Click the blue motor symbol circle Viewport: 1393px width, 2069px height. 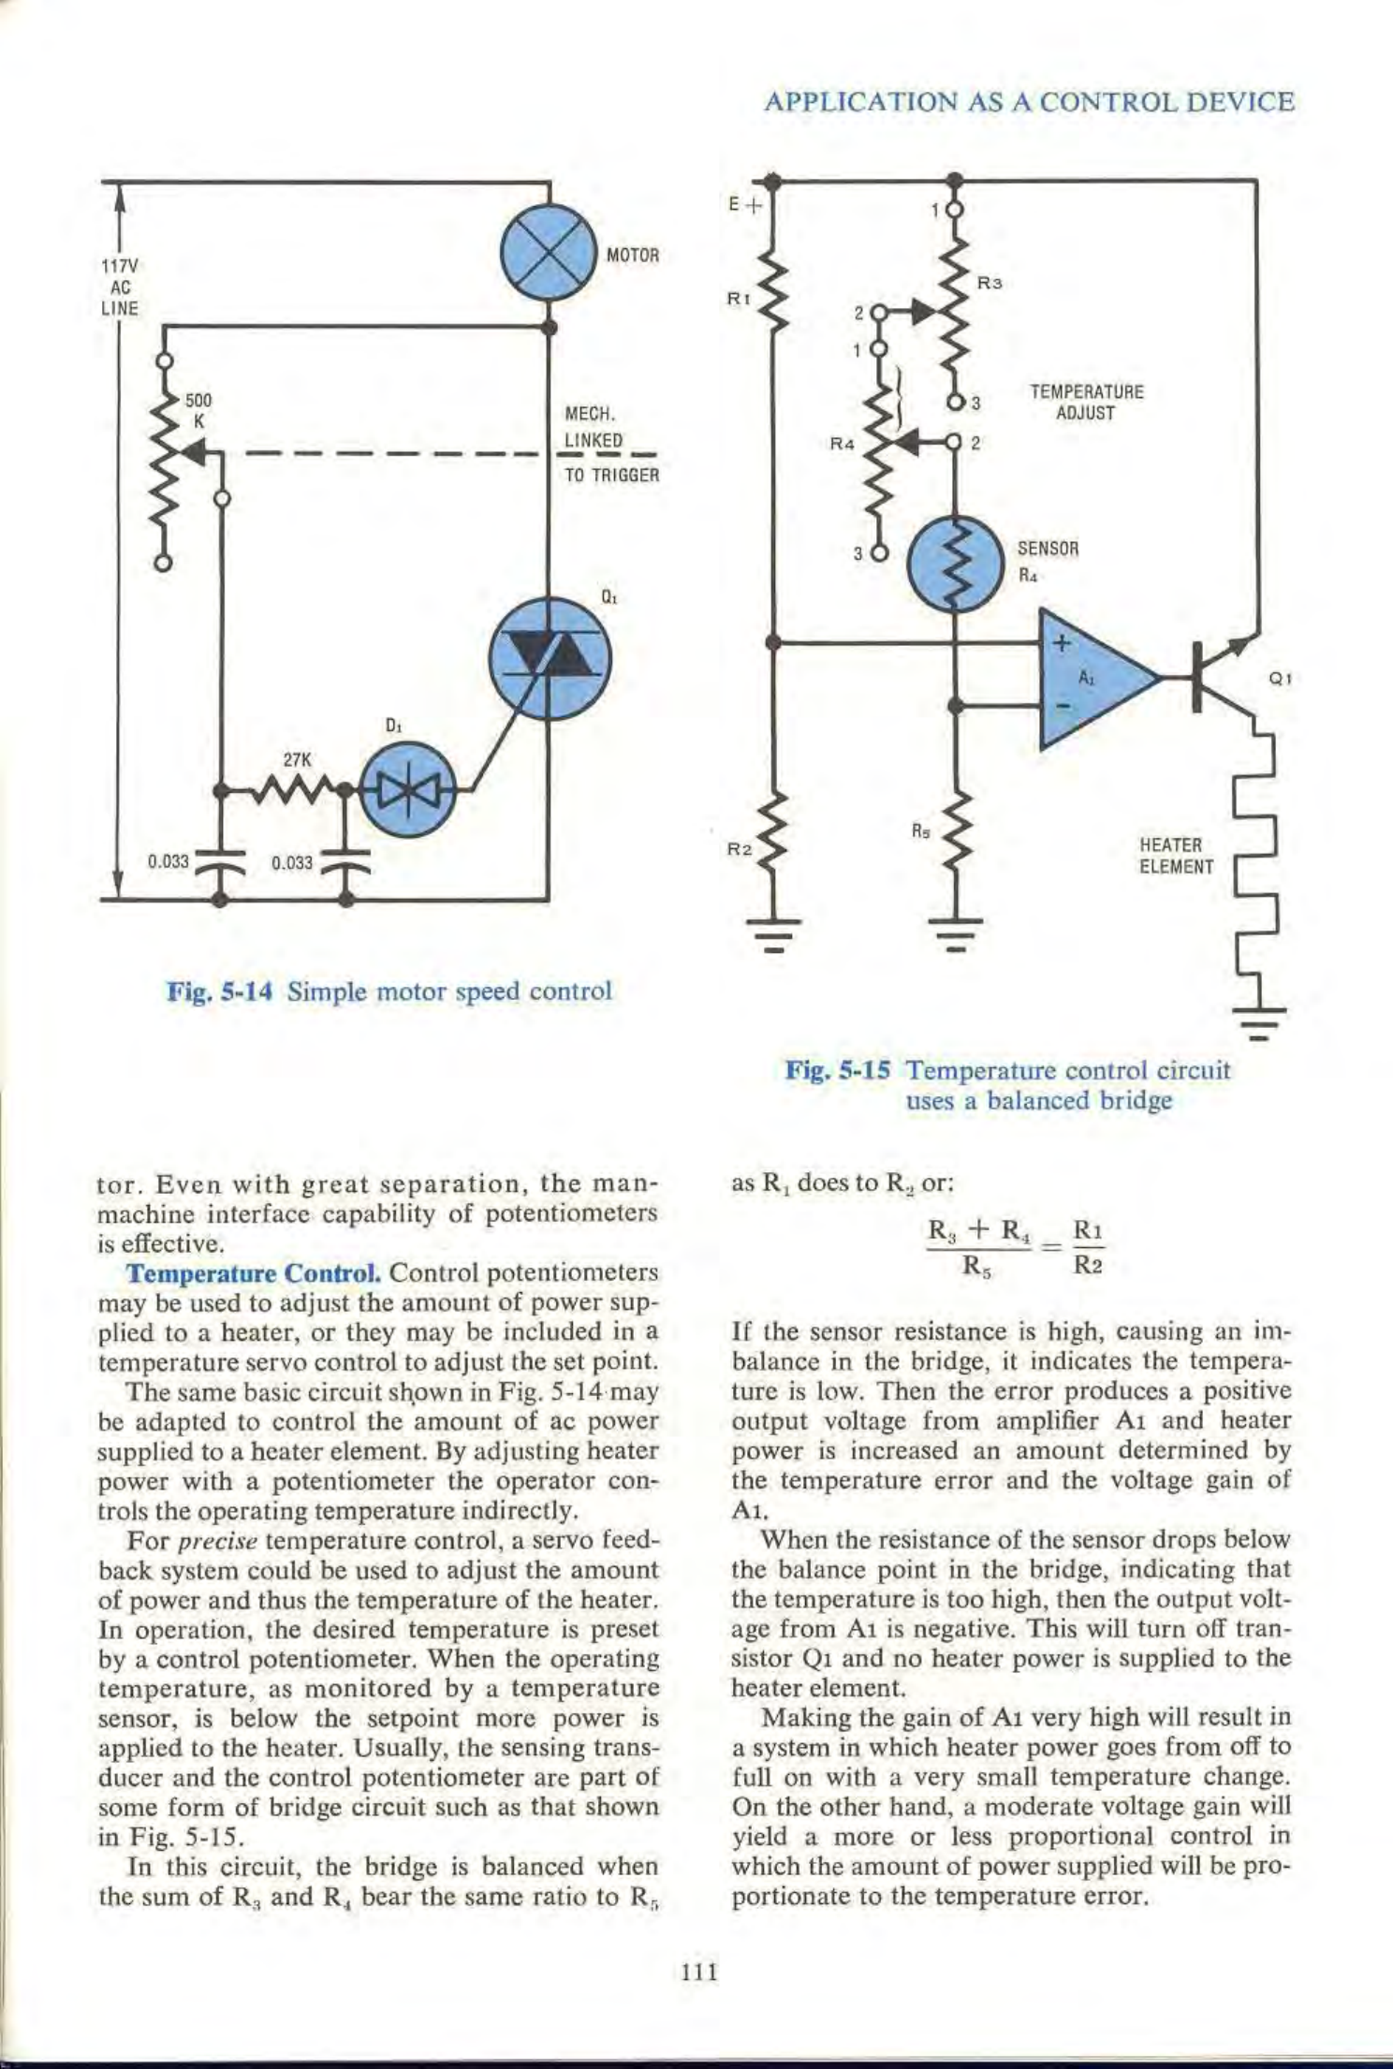549,253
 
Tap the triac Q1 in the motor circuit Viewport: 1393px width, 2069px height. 549,658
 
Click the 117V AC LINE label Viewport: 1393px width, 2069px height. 120,286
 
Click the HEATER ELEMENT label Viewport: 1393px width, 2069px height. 1175,856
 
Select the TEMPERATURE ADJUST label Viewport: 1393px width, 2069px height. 1086,403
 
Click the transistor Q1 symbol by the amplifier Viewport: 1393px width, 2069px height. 1217,674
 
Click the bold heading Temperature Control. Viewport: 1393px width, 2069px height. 253,1274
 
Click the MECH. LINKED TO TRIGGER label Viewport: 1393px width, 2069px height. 609,443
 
